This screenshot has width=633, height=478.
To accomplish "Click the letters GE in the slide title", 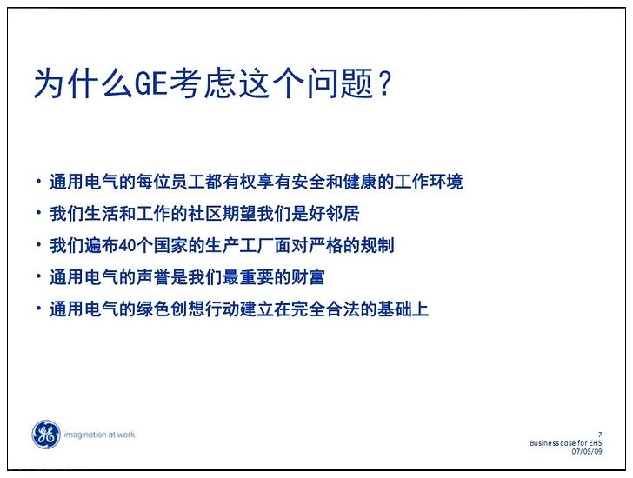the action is [x=150, y=83].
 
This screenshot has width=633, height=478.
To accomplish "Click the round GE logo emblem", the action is [x=45, y=435].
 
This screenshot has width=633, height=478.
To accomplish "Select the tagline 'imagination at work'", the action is [x=99, y=435].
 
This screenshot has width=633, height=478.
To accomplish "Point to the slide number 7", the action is [x=600, y=435].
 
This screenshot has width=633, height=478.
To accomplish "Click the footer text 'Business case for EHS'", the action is [x=565, y=443].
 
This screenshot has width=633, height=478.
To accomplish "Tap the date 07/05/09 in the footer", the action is [x=587, y=451].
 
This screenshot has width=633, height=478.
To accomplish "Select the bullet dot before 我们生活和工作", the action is [x=39, y=212].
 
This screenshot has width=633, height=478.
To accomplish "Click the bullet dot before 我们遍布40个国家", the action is [x=39, y=243].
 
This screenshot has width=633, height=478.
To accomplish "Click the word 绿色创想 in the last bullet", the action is [x=170, y=309].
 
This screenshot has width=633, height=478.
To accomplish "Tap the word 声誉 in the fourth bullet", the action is [x=153, y=277].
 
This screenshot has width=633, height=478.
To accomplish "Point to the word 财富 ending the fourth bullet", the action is [x=308, y=277].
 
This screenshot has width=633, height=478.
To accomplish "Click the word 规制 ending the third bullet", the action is [x=377, y=245].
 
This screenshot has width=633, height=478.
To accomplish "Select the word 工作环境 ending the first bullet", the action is [x=429, y=182].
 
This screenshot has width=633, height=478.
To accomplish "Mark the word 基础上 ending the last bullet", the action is [x=403, y=309].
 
